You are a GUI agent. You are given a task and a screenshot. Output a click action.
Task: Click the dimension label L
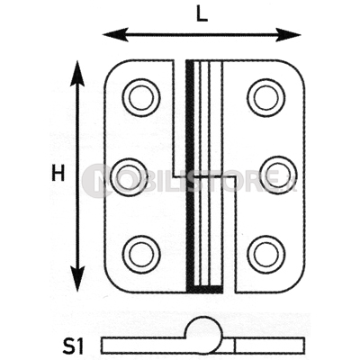pos(202,13)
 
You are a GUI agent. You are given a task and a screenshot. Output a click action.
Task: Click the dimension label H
pos(58,174)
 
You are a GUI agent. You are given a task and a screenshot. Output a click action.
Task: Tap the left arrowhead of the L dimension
pos(115,34)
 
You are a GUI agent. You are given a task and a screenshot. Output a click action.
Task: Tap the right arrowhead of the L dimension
pos(288,34)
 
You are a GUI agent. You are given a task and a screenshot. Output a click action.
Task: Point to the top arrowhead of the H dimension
pos(77,74)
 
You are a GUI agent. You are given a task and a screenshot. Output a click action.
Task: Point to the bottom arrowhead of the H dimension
pos(77,279)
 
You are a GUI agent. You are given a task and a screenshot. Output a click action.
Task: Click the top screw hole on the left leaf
pos(140,97)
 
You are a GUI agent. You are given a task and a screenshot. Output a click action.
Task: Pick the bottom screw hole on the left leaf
pos(141,255)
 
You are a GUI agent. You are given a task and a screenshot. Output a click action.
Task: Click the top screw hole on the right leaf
pos(266,97)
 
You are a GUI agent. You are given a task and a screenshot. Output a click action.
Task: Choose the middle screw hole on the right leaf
pos(278,175)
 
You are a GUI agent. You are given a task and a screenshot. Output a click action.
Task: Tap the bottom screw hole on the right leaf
pos(266,255)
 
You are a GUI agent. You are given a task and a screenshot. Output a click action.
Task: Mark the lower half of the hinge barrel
pos(204,235)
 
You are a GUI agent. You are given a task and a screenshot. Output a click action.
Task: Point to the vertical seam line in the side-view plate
pos(236,346)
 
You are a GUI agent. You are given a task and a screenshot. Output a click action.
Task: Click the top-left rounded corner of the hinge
pos(112,68)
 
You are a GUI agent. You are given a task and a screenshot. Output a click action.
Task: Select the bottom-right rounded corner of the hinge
pos(298,284)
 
